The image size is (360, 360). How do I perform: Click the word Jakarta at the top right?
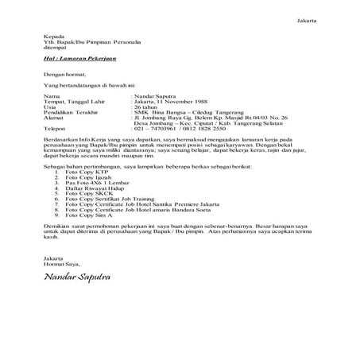[307, 18]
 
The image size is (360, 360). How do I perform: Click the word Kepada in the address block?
[52, 37]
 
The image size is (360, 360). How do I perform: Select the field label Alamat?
[52, 121]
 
